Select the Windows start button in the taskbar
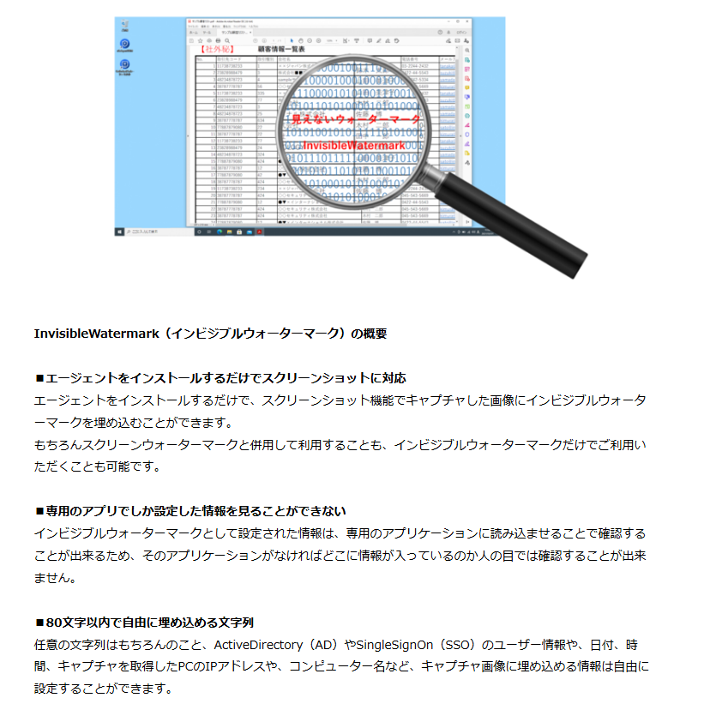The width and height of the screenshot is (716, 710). point(120,232)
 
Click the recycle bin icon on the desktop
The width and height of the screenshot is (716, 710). point(126,24)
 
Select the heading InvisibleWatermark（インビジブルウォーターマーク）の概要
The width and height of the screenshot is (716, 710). point(210,334)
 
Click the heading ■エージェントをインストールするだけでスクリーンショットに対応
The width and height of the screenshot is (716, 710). point(220,378)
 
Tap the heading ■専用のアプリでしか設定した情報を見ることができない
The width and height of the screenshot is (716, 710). point(190,511)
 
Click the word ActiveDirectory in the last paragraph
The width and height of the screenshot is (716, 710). point(259,644)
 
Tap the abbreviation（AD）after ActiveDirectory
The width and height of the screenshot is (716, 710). point(322,644)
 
